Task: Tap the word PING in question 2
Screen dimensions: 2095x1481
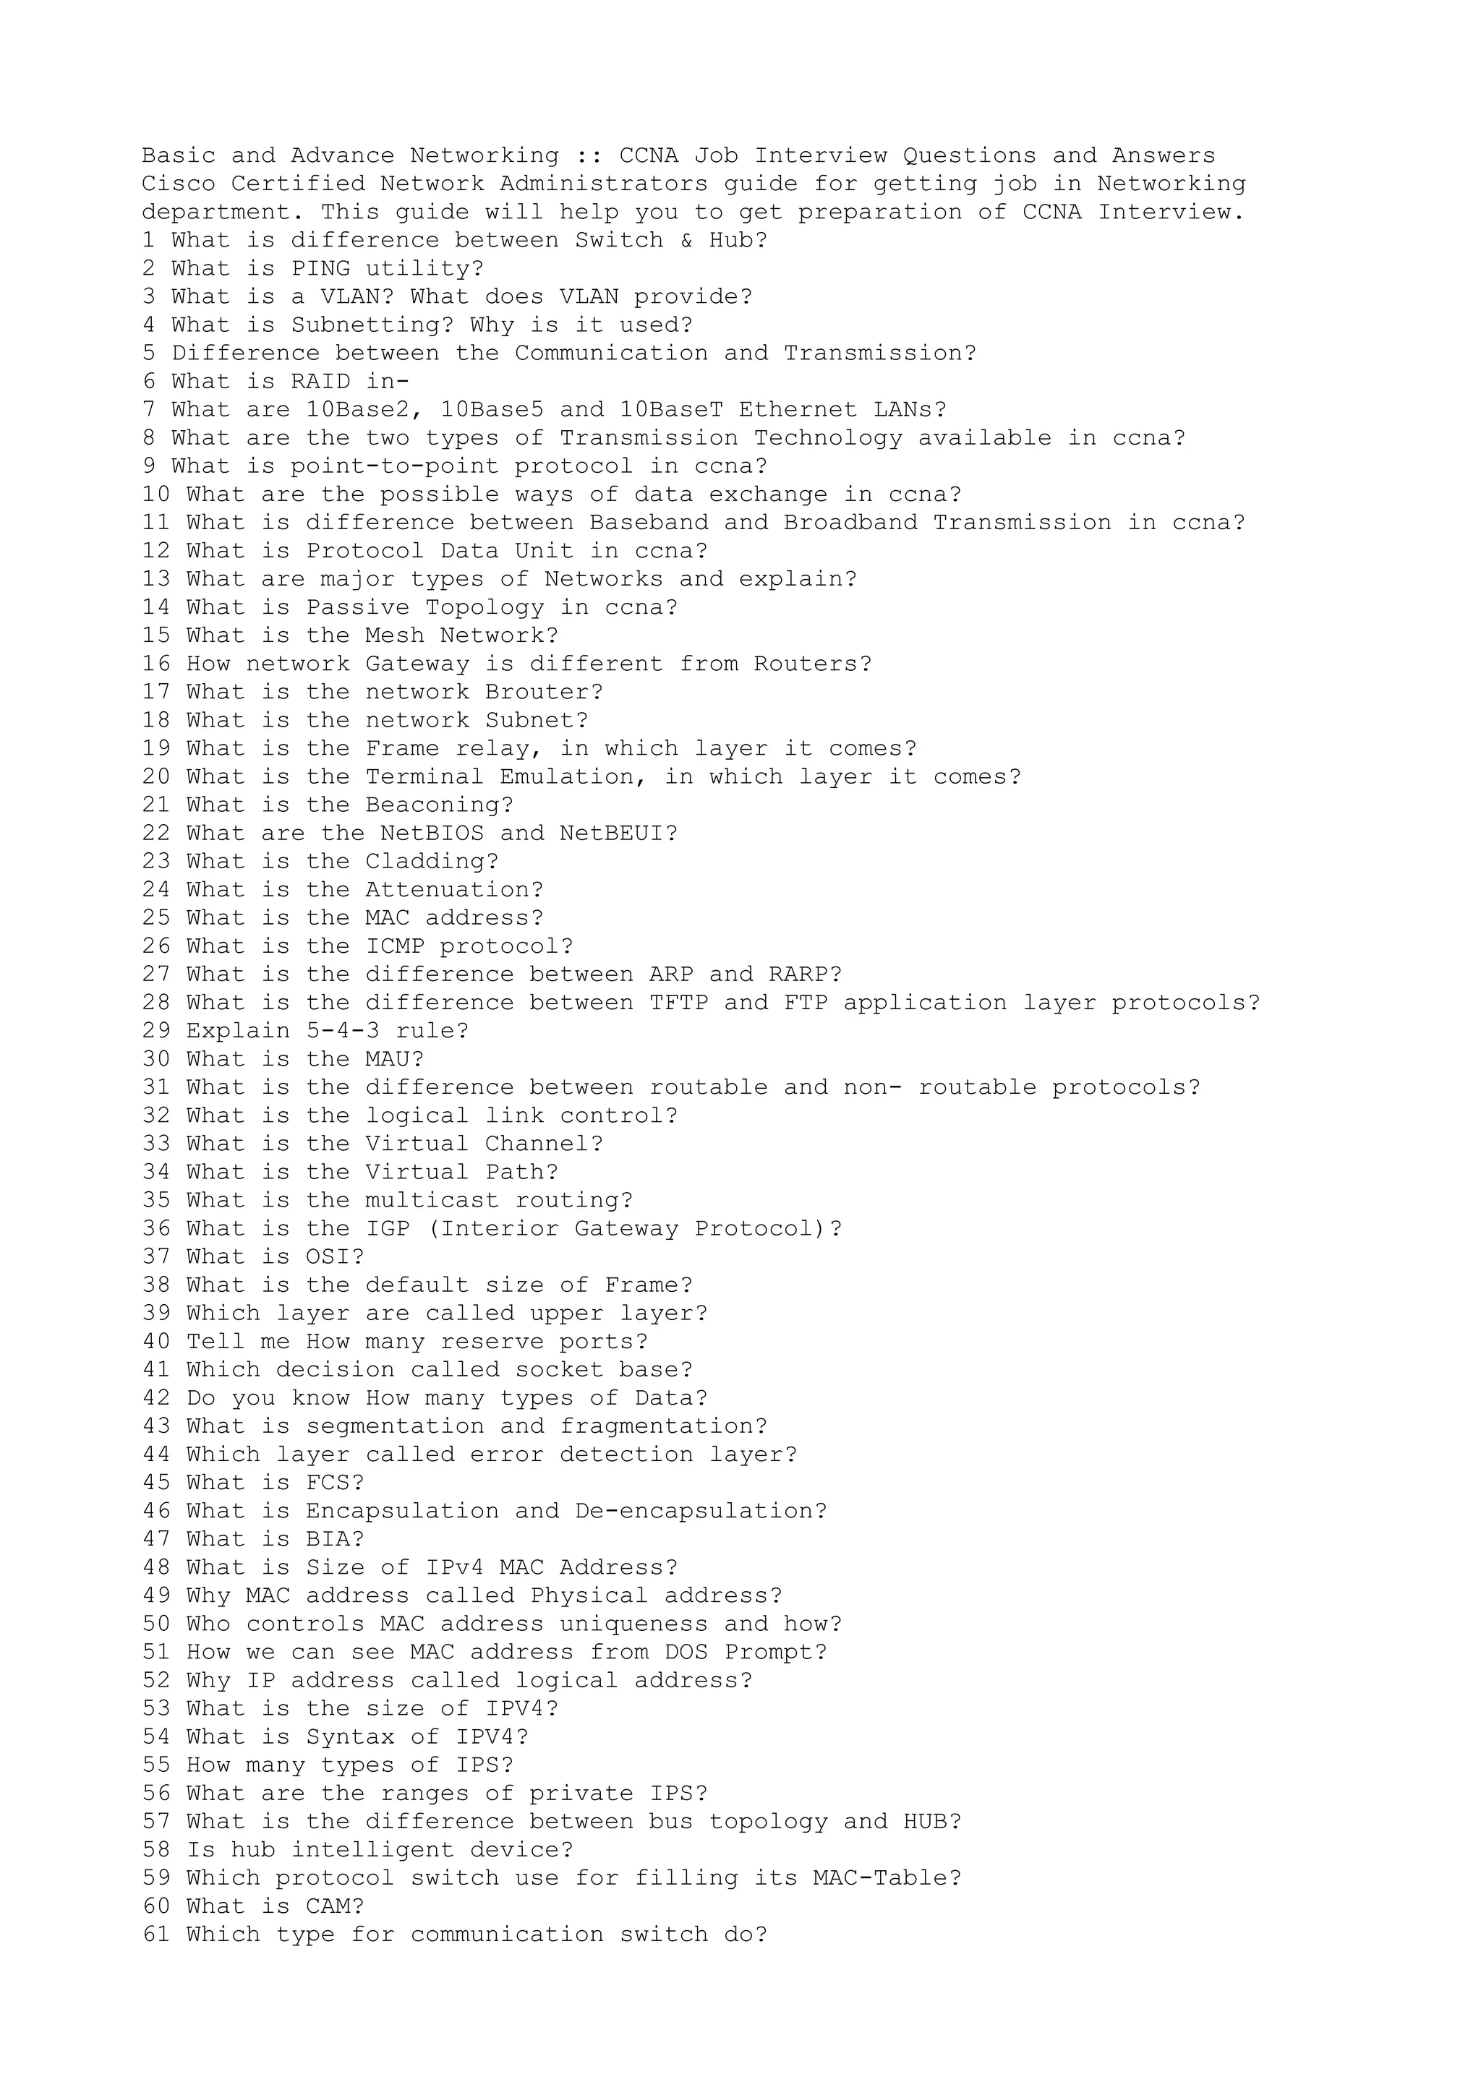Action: click(x=320, y=269)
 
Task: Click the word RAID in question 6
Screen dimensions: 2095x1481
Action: click(x=320, y=382)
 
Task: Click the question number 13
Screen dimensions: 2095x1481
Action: click(x=156, y=579)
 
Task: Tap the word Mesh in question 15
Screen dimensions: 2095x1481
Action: click(x=395, y=636)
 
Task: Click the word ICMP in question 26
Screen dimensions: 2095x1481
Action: click(x=395, y=947)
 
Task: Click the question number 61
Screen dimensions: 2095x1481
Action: click(x=156, y=1935)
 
